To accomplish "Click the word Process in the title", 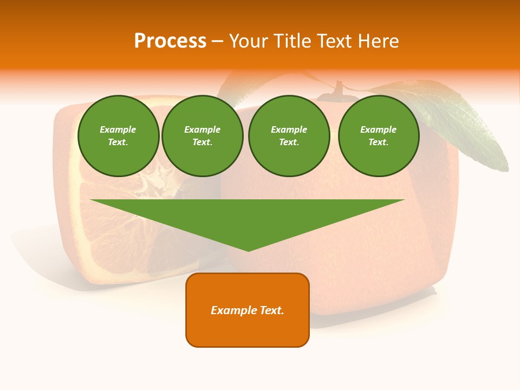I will (x=170, y=41).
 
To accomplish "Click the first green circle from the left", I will (x=118, y=136).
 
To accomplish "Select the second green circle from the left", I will (x=202, y=136).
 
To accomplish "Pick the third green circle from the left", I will (x=289, y=136).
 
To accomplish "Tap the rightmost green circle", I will (x=378, y=136).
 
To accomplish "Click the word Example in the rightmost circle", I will (x=378, y=129).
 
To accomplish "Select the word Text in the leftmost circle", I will (x=118, y=142).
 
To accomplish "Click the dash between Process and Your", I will (x=218, y=41).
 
